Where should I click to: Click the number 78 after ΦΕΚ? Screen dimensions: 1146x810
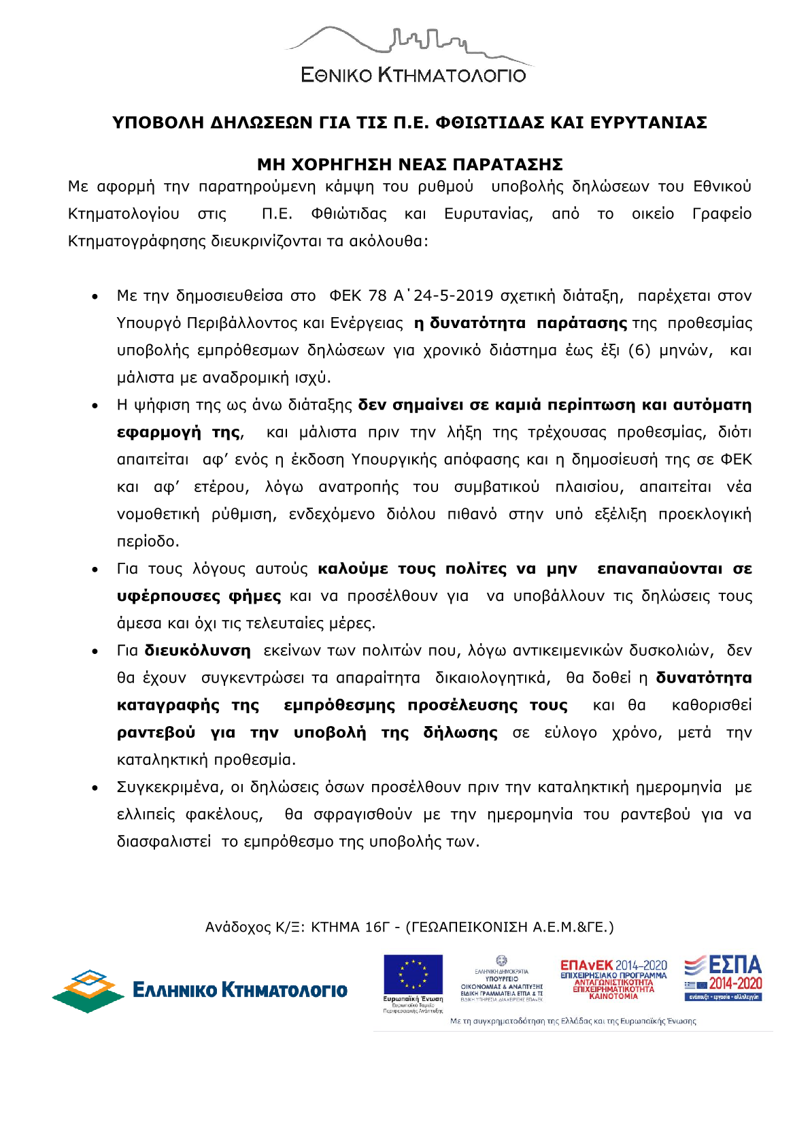tap(377, 296)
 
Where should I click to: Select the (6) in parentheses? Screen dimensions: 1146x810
tap(639, 350)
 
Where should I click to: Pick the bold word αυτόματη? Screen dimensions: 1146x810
tap(712, 405)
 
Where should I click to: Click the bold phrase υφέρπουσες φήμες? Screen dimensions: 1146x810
tap(199, 596)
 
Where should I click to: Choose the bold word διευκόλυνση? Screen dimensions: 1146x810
tap(197, 651)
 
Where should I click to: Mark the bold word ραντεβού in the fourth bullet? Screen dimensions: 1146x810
tap(156, 733)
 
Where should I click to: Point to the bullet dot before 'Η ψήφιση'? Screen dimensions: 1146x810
tap(95, 406)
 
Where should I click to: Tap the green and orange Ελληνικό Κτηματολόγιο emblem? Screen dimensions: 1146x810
tap(88, 991)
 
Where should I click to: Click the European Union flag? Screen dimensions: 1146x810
tap(413, 975)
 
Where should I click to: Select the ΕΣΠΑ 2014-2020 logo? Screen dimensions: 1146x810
tap(723, 978)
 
